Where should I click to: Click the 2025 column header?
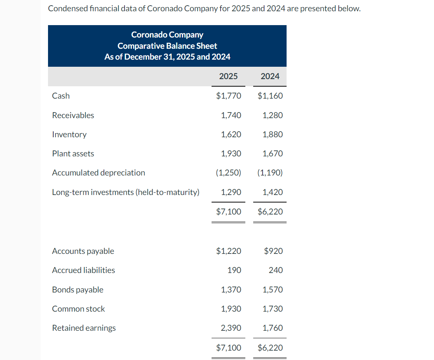click(228, 76)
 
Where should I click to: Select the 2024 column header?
click(270, 76)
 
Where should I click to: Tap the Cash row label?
click(61, 96)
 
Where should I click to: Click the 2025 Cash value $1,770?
click(228, 96)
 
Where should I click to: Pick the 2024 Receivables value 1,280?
click(273, 115)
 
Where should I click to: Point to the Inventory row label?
click(69, 134)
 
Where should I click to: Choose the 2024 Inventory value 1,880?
click(273, 134)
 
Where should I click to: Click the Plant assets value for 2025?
click(231, 153)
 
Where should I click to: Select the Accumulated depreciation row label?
click(98, 172)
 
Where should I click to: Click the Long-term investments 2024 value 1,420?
click(273, 192)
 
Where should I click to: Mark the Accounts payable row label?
click(83, 251)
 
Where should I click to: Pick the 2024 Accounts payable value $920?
click(273, 251)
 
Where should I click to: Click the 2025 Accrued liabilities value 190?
click(234, 270)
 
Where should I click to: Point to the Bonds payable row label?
click(78, 289)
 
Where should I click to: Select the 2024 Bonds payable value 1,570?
click(273, 289)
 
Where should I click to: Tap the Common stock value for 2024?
click(273, 309)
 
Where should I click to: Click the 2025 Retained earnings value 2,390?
click(231, 328)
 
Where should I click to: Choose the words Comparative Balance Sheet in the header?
click(167, 46)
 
